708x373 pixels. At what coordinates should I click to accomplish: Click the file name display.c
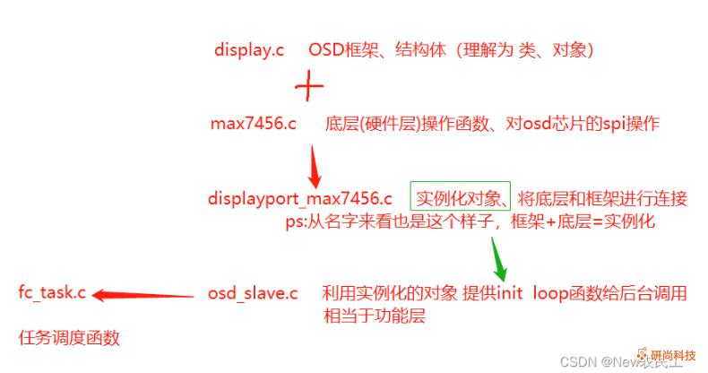click(249, 50)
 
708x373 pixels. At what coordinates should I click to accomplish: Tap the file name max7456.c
click(253, 124)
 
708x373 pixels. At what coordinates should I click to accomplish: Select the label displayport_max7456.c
click(299, 197)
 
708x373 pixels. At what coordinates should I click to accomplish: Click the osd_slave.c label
click(253, 293)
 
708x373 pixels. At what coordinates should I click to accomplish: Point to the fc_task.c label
click(52, 292)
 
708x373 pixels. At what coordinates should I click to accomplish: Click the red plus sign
click(309, 86)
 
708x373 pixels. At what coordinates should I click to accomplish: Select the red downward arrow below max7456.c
click(314, 163)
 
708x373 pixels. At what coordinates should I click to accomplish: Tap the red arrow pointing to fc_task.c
click(143, 293)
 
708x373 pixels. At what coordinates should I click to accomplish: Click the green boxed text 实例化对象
click(461, 197)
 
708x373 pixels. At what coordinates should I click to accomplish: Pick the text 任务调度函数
click(69, 338)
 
